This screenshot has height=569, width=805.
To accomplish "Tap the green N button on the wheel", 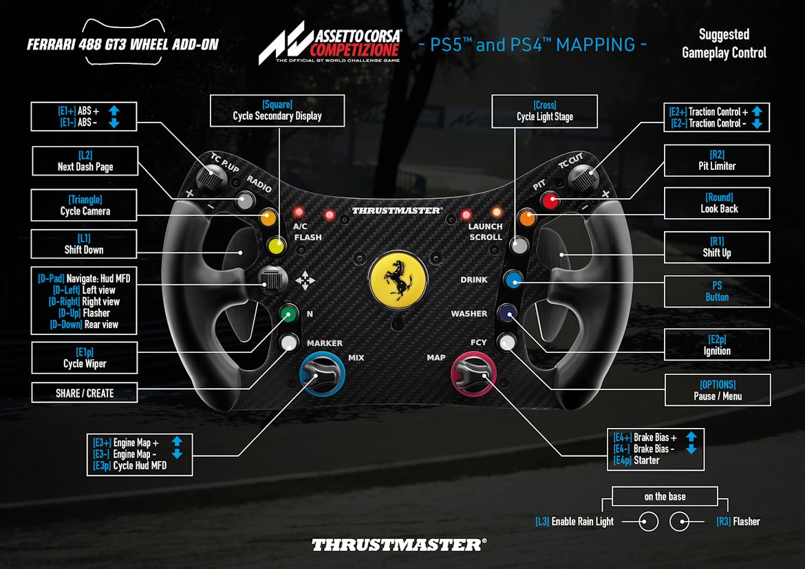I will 288,314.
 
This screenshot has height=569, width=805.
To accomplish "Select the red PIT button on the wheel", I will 549,201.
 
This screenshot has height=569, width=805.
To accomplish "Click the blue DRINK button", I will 513,279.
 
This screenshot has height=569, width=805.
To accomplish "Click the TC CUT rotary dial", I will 583,178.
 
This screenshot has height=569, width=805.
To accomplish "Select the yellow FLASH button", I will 277,244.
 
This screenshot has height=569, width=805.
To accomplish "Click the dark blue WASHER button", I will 508,314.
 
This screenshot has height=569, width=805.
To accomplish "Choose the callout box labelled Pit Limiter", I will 716,160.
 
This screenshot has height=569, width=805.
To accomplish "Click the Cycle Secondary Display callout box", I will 277,111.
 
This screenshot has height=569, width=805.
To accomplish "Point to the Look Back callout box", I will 716,203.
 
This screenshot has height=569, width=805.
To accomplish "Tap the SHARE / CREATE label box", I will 85,393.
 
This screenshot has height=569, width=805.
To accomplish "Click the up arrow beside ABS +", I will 114,110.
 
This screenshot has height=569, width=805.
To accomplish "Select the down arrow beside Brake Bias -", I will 691,449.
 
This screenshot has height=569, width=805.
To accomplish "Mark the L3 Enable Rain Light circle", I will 648,522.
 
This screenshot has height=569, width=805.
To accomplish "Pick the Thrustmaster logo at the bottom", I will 399,545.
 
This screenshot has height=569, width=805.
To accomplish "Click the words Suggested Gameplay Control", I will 724,43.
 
